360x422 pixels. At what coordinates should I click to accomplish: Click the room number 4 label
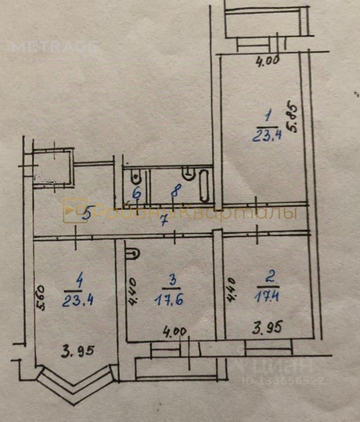79,280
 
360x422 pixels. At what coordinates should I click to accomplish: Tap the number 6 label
137,192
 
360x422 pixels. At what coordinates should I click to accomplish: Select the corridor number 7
164,221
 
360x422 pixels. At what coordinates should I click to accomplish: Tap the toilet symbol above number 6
136,176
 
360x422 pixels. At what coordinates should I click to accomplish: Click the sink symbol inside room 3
132,254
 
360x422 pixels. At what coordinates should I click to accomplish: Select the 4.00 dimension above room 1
268,61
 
